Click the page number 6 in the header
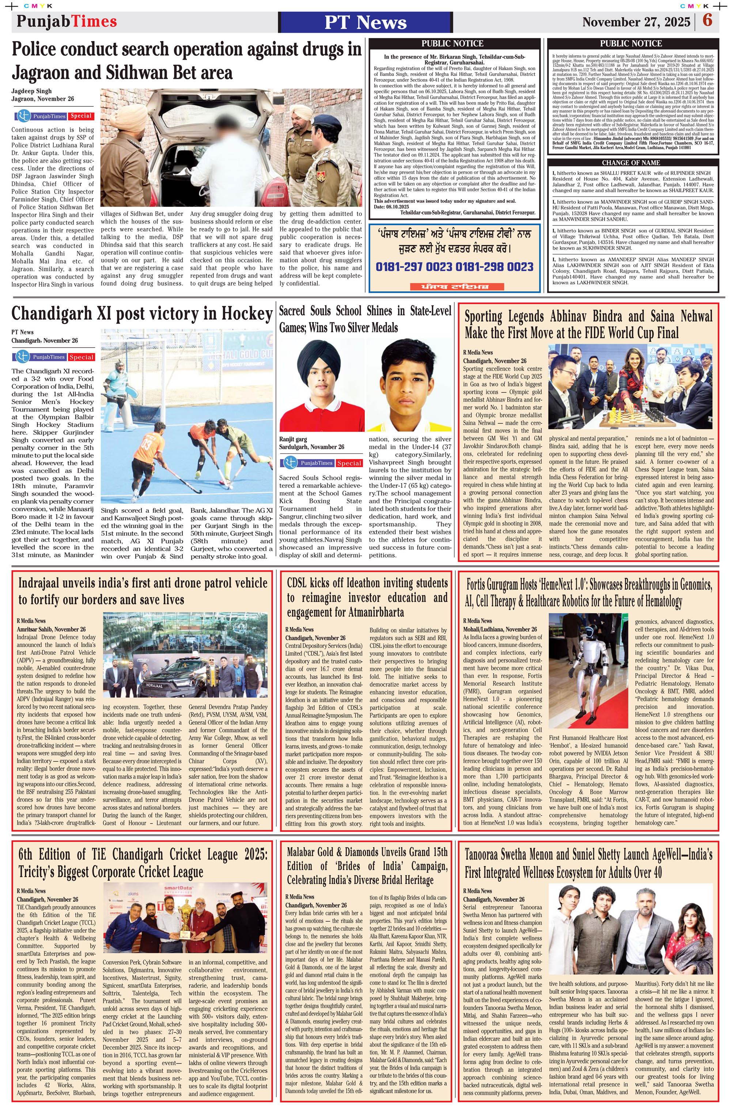tap(707, 21)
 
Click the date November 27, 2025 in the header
tap(636, 22)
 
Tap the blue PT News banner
tap(365, 22)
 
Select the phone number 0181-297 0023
tap(413, 267)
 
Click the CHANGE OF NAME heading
tap(630, 163)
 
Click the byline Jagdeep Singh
tap(31, 91)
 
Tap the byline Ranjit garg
tap(293, 439)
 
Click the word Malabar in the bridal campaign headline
tap(308, 852)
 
